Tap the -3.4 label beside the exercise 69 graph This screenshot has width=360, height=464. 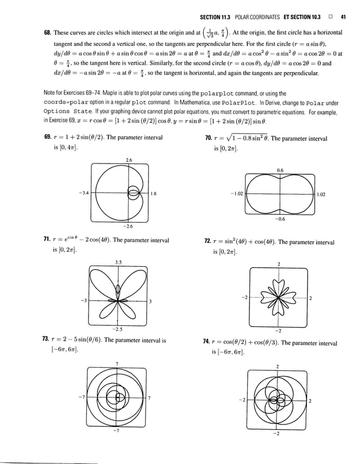tap(86, 193)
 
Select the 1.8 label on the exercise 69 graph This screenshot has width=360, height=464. tap(153, 193)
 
